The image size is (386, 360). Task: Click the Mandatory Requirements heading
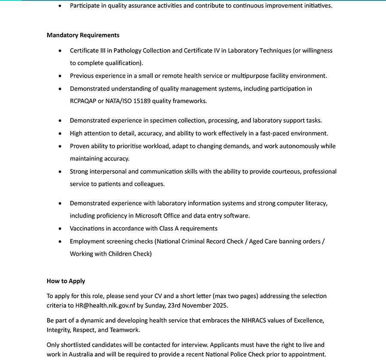pyautogui.click(x=83, y=35)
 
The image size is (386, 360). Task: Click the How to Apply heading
pyautogui.click(x=66, y=281)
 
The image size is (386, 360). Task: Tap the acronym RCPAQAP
pyautogui.click(x=84, y=101)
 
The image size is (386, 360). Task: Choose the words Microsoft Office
pyautogui.click(x=157, y=216)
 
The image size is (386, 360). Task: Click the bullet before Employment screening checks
pyautogui.click(x=60, y=242)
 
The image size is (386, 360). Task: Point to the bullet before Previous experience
pyautogui.click(x=60, y=76)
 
